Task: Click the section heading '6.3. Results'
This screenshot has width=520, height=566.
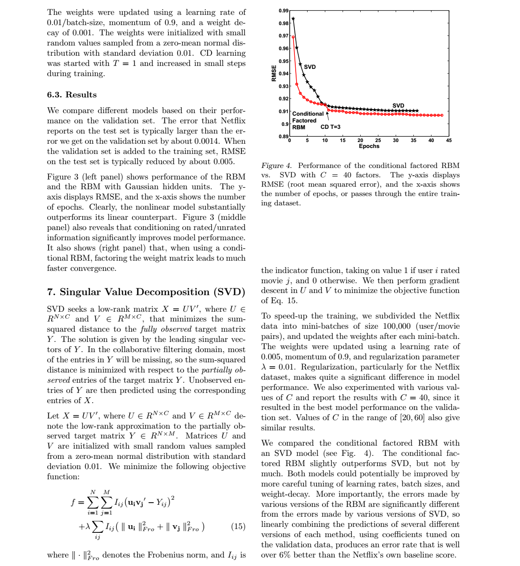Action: tap(72, 95)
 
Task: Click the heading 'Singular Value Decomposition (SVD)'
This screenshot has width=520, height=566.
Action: tap(152, 292)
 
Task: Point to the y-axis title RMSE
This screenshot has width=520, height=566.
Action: tap(274, 73)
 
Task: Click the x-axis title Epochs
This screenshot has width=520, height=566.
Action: tap(369, 146)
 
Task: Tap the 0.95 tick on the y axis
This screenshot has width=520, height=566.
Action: tap(283, 61)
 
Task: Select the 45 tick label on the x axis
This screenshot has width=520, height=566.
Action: tap(449, 140)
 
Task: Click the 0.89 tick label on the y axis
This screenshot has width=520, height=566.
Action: tap(283, 136)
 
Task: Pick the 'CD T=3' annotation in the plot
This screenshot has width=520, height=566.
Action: tap(330, 127)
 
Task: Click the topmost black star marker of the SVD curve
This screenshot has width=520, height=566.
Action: tap(293, 19)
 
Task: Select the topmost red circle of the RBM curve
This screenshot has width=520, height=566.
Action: tap(293, 37)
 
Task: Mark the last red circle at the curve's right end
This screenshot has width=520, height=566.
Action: tap(442, 115)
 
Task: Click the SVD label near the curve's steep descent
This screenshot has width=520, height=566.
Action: tap(310, 67)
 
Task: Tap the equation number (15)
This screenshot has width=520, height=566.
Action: tap(238, 526)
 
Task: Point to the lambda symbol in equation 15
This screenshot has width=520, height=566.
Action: tap(88, 526)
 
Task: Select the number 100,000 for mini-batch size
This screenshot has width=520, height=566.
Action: tap(395, 326)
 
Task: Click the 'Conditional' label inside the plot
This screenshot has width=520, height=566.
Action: tap(308, 114)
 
